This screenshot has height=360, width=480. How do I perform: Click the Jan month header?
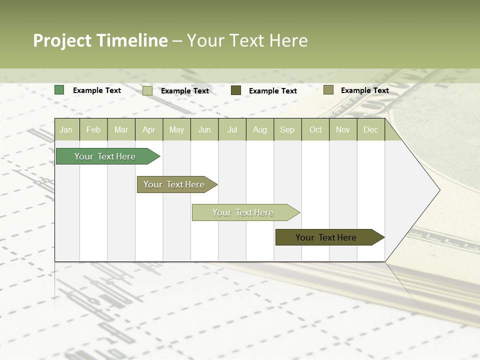(x=66, y=129)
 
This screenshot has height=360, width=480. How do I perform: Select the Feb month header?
(x=93, y=129)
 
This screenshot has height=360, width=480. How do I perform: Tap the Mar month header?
(x=121, y=129)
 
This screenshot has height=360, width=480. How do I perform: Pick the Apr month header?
(x=149, y=129)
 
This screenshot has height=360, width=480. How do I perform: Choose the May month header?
(x=176, y=129)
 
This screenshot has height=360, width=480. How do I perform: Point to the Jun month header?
(x=204, y=129)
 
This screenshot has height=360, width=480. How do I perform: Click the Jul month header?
(x=232, y=129)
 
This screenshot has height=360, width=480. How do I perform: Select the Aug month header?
(x=260, y=129)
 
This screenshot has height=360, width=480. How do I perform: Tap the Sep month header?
(x=287, y=129)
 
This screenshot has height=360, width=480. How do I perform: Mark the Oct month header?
(x=315, y=129)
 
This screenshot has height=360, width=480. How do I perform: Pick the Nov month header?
(x=343, y=129)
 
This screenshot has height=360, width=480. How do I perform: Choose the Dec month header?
(x=371, y=129)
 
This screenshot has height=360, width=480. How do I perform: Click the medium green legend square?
(x=59, y=90)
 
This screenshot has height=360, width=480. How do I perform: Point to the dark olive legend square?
(x=236, y=90)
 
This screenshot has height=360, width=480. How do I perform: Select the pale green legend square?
(x=147, y=90)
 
